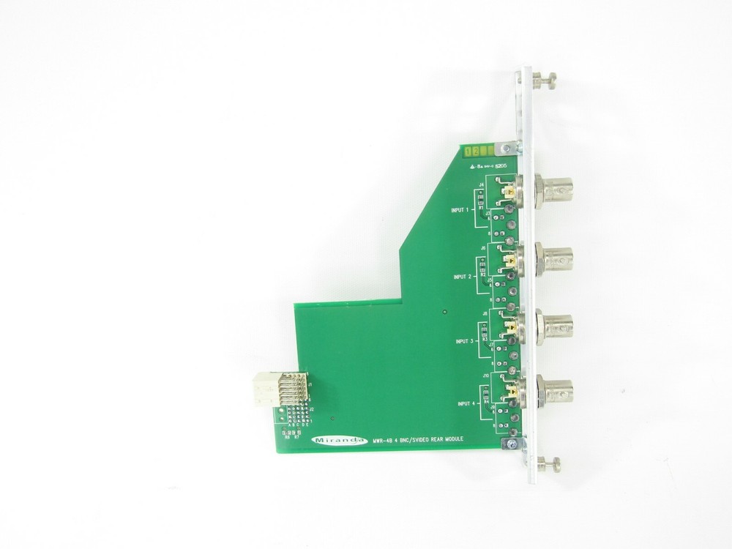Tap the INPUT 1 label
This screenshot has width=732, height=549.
point(463,209)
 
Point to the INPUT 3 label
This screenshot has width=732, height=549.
point(466,341)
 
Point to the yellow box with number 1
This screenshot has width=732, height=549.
point(467,151)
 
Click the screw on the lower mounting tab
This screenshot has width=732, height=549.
point(512,443)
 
